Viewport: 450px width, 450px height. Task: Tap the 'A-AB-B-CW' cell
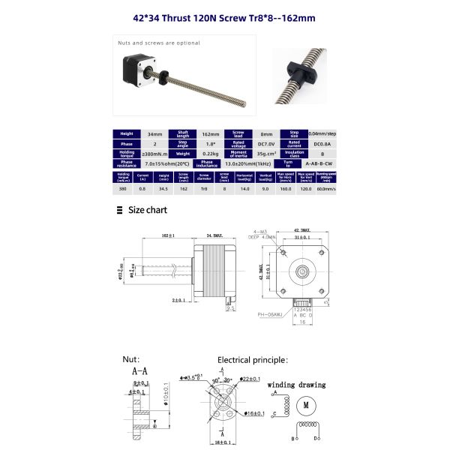[319, 163]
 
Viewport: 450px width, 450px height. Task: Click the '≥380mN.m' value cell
[154, 154]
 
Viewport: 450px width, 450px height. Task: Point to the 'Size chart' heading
[147, 210]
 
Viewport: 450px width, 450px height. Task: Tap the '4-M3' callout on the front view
[261, 232]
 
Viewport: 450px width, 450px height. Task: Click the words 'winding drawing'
[297, 385]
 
